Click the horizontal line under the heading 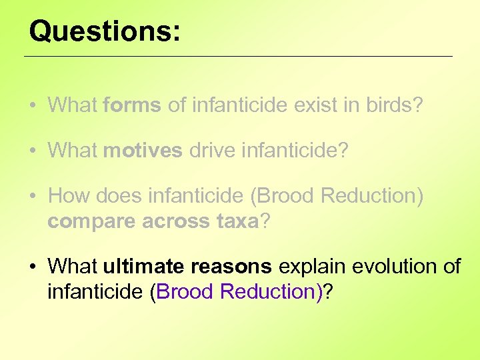click(x=238, y=57)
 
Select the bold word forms click(x=132, y=105)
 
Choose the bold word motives click(x=143, y=151)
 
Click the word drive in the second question click(x=211, y=151)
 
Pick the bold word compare click(x=91, y=221)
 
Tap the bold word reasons click(x=231, y=267)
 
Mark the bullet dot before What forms click(x=32, y=105)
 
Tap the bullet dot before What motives click(x=32, y=151)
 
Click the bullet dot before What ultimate click(x=32, y=267)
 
